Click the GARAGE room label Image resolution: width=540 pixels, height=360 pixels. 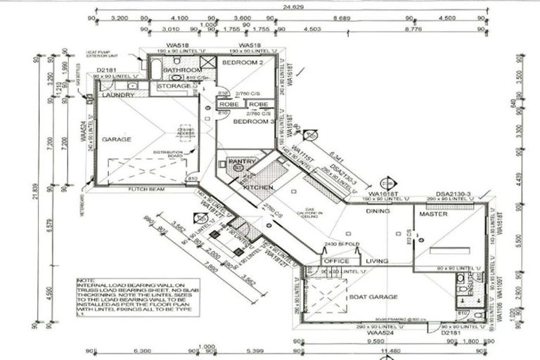[x=117, y=140]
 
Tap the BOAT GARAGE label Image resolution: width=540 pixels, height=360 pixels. [x=373, y=297]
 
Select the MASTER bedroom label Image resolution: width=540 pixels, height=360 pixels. [x=433, y=214]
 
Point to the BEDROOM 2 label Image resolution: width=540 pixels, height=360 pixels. [x=243, y=63]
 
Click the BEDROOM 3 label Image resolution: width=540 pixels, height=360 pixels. [x=252, y=122]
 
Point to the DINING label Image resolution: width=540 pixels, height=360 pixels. [x=378, y=211]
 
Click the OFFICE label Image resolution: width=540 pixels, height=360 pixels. [x=335, y=262]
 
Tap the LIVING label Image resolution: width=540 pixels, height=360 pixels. [x=378, y=262]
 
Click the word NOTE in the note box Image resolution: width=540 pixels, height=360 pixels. [x=83, y=279]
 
